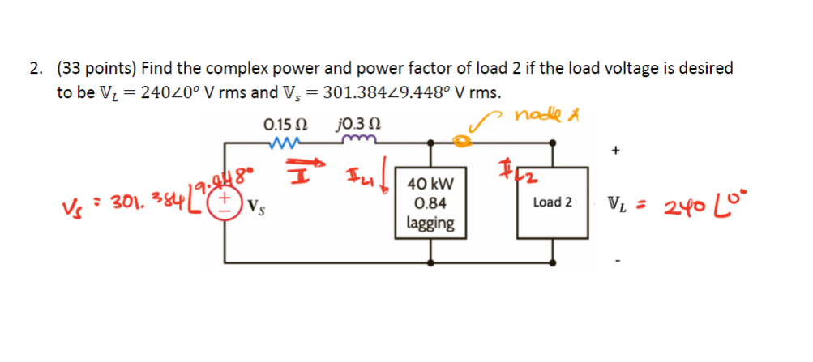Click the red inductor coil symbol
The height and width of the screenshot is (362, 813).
point(357,143)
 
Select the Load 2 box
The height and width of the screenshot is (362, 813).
point(552,202)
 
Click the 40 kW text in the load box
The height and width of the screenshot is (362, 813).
point(430,185)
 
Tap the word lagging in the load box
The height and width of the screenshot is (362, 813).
point(430,223)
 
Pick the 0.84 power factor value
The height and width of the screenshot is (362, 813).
point(430,204)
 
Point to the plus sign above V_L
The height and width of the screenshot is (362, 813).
point(617,151)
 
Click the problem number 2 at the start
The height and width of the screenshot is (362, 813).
point(36,70)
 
